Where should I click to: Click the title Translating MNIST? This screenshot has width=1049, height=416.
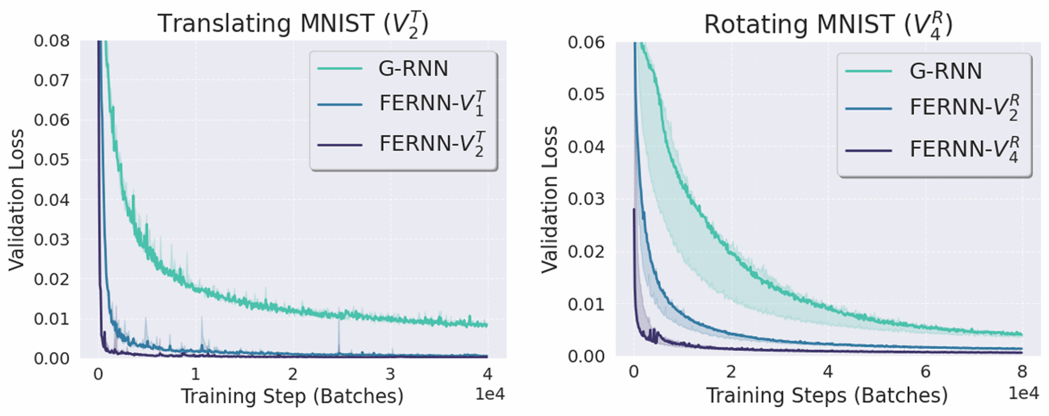[292, 24]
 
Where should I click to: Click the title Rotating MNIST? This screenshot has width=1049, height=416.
[828, 25]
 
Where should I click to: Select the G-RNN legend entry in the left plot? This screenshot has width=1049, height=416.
[413, 69]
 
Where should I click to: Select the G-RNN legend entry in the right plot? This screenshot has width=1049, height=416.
[945, 71]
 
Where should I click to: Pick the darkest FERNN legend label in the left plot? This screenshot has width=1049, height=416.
[431, 144]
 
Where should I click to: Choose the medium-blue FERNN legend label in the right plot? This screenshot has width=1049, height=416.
[963, 107]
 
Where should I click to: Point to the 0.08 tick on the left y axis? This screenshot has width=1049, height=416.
[51, 41]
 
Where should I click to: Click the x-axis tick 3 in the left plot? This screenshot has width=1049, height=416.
[390, 375]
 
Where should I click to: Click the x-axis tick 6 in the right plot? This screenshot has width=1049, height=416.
[925, 372]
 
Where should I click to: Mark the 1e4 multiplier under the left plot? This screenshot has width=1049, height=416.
[490, 394]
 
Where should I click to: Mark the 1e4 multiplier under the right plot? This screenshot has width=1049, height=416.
[1023, 393]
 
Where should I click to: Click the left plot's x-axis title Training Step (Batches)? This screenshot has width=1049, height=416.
[292, 396]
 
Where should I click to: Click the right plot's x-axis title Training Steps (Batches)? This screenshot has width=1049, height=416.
[827, 396]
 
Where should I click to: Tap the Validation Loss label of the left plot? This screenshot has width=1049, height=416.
[16, 200]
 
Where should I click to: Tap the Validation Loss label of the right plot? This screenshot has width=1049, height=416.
[550, 200]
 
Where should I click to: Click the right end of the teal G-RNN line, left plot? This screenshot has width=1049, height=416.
[486, 325]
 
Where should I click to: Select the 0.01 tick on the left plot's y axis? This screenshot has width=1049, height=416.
[51, 319]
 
